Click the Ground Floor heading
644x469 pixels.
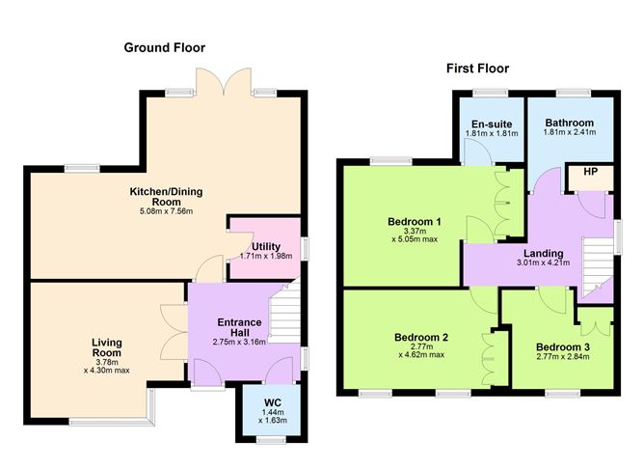coord(164,47)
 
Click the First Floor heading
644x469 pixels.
coord(477,69)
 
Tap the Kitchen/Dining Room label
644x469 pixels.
coord(167,197)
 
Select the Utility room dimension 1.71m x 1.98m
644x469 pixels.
coord(266,256)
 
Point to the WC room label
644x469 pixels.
coord(273,402)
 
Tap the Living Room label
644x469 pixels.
coord(107,347)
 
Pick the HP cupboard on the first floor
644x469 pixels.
coord(590,178)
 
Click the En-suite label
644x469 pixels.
coord(492,124)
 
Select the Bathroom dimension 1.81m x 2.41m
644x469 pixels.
coord(569,132)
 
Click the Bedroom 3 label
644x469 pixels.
coord(563,347)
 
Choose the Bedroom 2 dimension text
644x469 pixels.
coord(421,350)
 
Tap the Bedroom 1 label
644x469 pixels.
coord(415,222)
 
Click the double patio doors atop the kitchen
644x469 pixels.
coord(224,81)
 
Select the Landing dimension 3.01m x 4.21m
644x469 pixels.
coord(544,262)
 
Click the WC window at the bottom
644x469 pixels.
coord(271,440)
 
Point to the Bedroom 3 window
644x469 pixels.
coord(563,394)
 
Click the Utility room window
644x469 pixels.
coord(305,249)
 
